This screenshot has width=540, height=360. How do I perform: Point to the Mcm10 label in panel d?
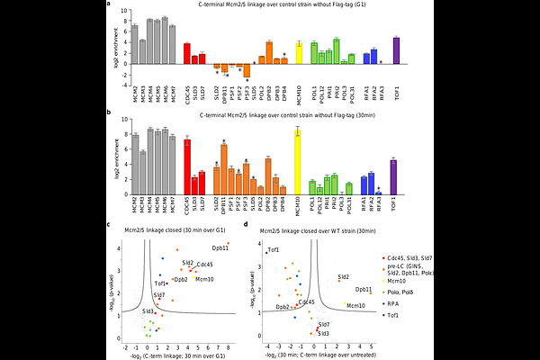click(x=356, y=306)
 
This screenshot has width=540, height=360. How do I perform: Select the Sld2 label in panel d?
click(x=344, y=276)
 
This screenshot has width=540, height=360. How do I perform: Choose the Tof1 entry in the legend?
click(x=394, y=316)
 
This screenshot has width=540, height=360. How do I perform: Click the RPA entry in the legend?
click(x=394, y=304)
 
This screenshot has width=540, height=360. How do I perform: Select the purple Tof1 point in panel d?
click(x=266, y=255)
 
